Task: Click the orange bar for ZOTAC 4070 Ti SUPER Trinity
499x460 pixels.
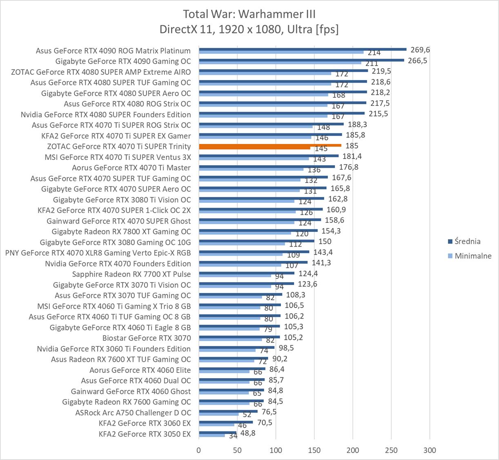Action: pyautogui.click(x=270, y=145)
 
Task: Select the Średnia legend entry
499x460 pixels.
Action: pyautogui.click(x=467, y=241)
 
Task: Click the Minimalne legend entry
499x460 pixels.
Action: pyautogui.click(x=473, y=256)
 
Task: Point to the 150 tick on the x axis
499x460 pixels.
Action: pyautogui.click(x=314, y=450)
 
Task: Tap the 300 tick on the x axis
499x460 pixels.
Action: pyautogui.click(x=430, y=450)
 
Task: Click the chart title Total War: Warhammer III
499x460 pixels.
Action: pyautogui.click(x=249, y=14)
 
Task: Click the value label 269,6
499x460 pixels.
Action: pyautogui.click(x=420, y=50)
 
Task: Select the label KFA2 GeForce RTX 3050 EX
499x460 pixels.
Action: pyautogui.click(x=145, y=434)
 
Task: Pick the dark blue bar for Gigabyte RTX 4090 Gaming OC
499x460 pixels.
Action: pyautogui.click(x=301, y=60)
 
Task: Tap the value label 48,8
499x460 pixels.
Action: pyautogui.click(x=248, y=433)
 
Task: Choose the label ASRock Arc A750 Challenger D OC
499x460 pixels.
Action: pyautogui.click(x=133, y=413)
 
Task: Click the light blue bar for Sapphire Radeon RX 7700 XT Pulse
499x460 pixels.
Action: pyautogui.click(x=235, y=276)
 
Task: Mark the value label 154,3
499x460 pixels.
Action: pyautogui.click(x=331, y=231)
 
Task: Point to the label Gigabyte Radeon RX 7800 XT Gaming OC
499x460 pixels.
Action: pyautogui.click(x=121, y=231)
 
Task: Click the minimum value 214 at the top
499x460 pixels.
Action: pyautogui.click(x=374, y=53)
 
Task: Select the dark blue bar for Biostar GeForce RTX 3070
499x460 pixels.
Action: pyautogui.click(x=239, y=337)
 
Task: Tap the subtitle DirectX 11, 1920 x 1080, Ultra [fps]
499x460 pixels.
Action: pyautogui.click(x=249, y=29)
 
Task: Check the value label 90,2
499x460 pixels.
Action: pyautogui.click(x=280, y=359)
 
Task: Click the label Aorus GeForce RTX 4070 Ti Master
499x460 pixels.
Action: pyautogui.click(x=131, y=168)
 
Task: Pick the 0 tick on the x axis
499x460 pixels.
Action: pyautogui.click(x=199, y=450)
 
